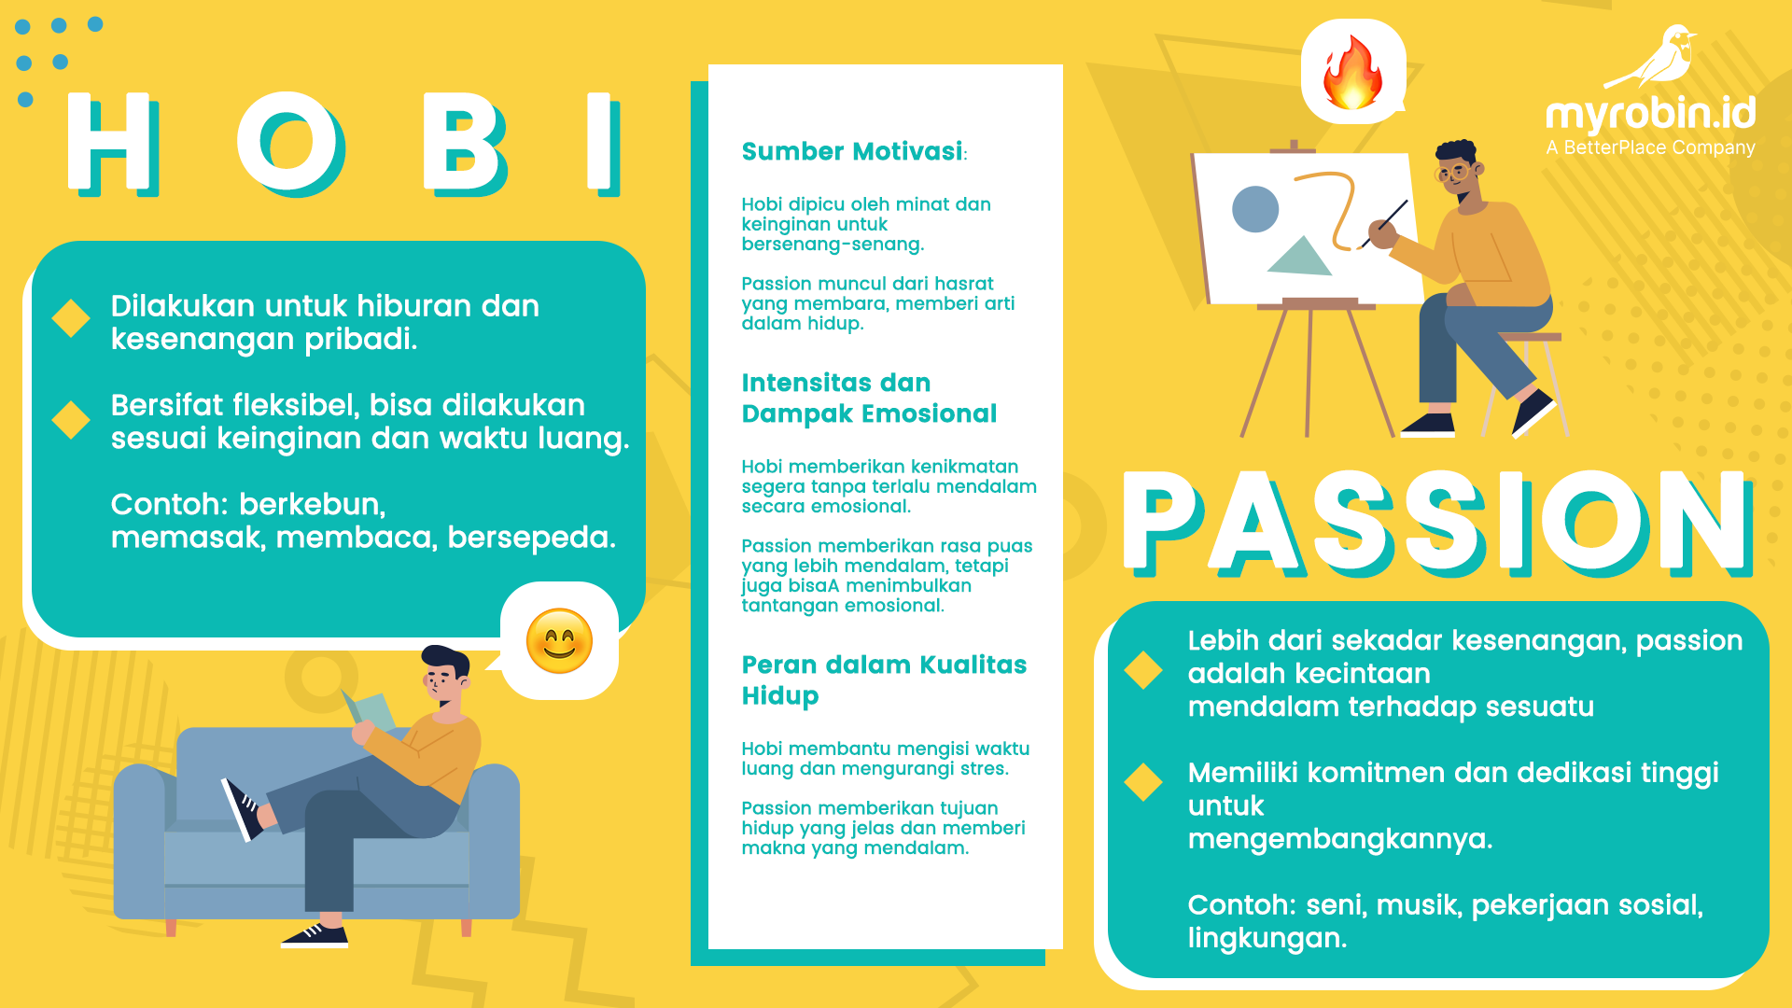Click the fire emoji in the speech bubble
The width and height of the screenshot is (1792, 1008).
[1351, 73]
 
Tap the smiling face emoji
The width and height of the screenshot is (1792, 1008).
[559, 641]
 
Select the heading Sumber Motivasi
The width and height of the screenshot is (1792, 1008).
[852, 151]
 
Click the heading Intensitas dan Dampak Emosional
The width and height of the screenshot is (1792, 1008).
[868, 398]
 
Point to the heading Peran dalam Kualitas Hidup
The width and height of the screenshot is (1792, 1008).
[883, 679]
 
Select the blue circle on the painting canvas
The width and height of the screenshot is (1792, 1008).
[1255, 208]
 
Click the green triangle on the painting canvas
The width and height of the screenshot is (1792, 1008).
[1299, 257]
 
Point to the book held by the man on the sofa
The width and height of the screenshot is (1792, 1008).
[371, 713]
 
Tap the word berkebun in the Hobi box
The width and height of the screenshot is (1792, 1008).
[312, 504]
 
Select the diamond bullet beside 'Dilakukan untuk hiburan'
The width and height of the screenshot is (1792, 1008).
[71, 318]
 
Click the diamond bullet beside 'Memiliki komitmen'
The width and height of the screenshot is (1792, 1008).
[1143, 781]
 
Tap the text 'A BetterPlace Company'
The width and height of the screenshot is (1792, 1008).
[1650, 147]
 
